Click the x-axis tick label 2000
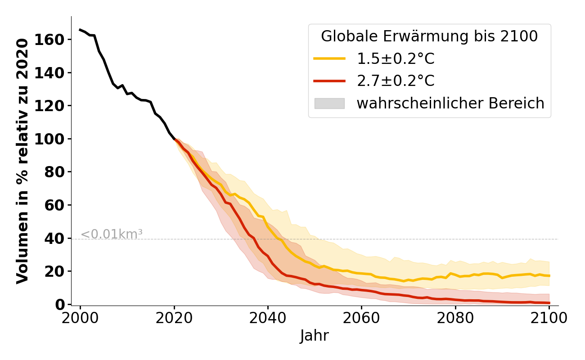tap(80, 318)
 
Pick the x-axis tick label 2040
tap(268, 318)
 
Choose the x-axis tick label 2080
tap(455, 318)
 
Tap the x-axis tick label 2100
tap(549, 318)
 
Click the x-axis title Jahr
tap(315, 336)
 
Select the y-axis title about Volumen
tap(23, 161)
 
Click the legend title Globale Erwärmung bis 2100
tap(429, 36)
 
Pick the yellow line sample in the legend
tap(329, 58)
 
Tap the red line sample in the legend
tap(329, 81)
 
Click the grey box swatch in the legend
tap(329, 103)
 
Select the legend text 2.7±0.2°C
tap(396, 81)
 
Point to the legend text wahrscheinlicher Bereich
tap(450, 103)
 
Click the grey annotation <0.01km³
tap(112, 234)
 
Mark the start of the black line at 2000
tap(80, 30)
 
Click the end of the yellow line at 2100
tap(549, 276)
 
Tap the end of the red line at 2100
tap(549, 303)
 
